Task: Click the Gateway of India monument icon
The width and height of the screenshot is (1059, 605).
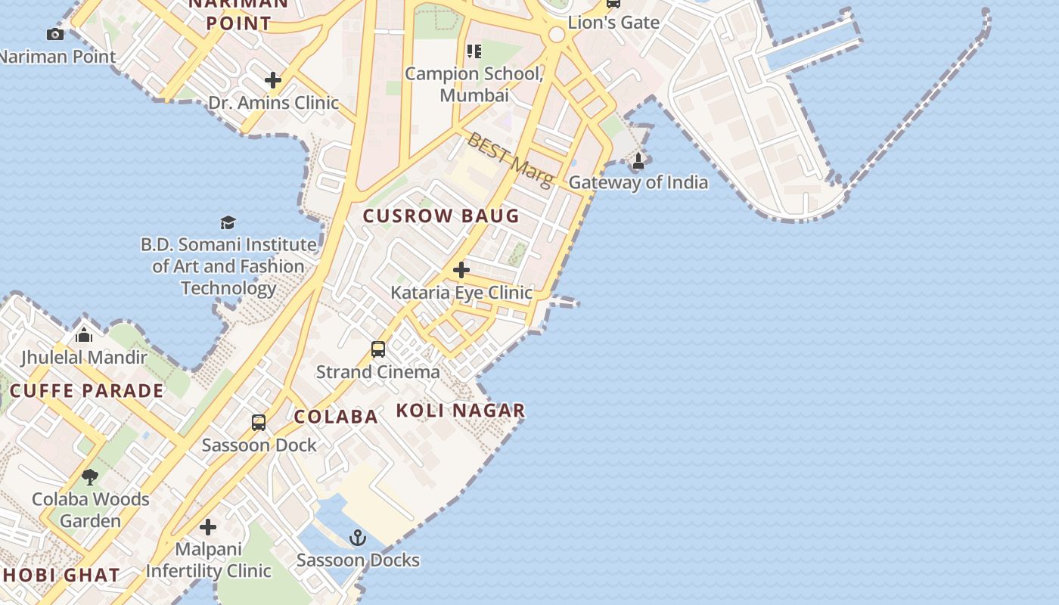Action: click(x=638, y=161)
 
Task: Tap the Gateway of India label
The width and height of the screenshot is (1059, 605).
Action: click(x=638, y=182)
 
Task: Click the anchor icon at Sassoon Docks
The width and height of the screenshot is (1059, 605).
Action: click(x=358, y=538)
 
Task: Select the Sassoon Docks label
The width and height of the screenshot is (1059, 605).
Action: click(x=358, y=560)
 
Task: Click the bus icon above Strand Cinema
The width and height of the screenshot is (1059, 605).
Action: click(x=378, y=349)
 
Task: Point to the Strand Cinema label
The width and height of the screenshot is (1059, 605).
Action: click(x=377, y=372)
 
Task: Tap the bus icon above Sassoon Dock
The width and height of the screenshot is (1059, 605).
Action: click(x=259, y=423)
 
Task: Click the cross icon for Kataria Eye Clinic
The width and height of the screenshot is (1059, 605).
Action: click(x=461, y=270)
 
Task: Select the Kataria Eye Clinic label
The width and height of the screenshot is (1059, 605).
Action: click(x=461, y=293)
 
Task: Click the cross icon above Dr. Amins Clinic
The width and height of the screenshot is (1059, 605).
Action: click(x=273, y=79)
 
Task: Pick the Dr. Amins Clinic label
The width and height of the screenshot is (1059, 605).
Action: click(x=274, y=102)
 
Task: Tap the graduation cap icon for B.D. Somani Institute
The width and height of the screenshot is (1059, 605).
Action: click(x=228, y=222)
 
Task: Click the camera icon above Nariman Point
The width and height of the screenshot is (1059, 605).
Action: click(x=54, y=34)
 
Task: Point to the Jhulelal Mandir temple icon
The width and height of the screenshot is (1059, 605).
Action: click(x=84, y=335)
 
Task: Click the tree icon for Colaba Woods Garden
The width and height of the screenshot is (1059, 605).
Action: click(x=90, y=476)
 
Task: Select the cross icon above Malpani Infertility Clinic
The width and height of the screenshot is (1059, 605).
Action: click(x=208, y=527)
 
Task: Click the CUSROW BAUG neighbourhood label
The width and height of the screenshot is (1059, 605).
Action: click(x=441, y=216)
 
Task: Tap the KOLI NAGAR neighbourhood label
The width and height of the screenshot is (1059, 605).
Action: click(x=461, y=411)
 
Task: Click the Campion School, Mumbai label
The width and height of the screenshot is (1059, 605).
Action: click(x=474, y=85)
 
